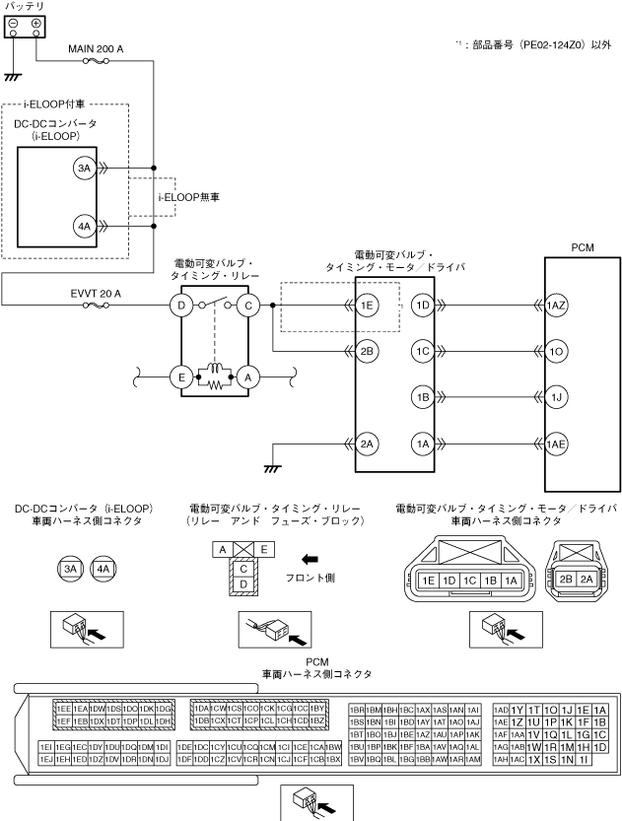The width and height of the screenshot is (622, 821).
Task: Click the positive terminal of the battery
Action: click(36, 23)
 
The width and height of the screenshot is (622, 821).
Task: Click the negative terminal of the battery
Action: click(13, 23)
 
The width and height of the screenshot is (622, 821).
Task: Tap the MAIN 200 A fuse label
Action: click(95, 46)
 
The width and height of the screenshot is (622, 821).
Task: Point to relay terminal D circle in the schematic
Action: click(181, 307)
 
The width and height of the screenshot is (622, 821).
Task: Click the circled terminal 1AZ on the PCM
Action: click(556, 307)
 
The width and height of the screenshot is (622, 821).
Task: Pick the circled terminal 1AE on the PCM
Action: click(556, 445)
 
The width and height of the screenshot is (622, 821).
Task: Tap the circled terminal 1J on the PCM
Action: click(556, 397)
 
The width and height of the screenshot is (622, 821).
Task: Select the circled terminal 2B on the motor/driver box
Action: click(368, 351)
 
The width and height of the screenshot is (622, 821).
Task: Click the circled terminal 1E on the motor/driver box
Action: click(368, 307)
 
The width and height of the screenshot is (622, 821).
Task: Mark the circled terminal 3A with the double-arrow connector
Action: click(83, 169)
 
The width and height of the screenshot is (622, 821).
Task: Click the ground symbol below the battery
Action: click(13, 75)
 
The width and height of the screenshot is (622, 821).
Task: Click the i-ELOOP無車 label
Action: click(188, 198)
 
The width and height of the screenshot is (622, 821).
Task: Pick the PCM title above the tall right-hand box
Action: click(582, 246)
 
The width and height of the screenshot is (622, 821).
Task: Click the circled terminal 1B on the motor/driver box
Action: click(423, 397)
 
